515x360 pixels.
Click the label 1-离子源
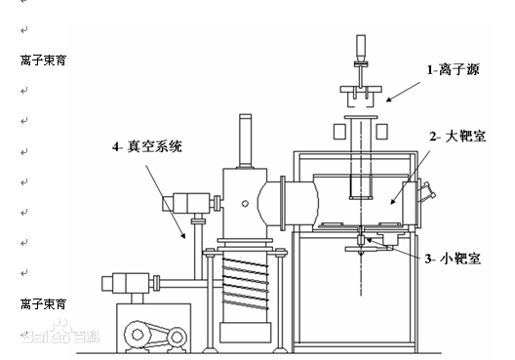pos(453,69)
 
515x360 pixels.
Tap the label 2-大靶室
pos(457,136)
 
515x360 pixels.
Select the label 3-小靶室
pos(453,259)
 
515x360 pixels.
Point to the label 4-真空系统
pos(147,146)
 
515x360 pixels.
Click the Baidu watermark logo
pos(60,333)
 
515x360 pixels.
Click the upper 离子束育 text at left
pos(43,60)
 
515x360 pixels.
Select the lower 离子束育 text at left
pos(43,304)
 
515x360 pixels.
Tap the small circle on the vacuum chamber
pos(245,204)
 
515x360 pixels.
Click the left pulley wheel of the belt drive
pos(138,335)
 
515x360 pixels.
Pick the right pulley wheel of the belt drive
pos(178,337)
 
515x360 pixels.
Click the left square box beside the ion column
pos(339,132)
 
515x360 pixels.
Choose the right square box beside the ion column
pos(381,132)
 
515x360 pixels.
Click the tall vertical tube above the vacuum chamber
pos(246,141)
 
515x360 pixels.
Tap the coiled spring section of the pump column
pos(245,284)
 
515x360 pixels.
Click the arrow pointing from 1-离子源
pos(404,92)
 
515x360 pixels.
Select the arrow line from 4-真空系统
pos(166,201)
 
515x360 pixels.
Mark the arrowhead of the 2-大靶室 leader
pos(393,201)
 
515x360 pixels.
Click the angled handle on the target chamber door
pos(427,190)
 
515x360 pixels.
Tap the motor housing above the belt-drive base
pos(126,283)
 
